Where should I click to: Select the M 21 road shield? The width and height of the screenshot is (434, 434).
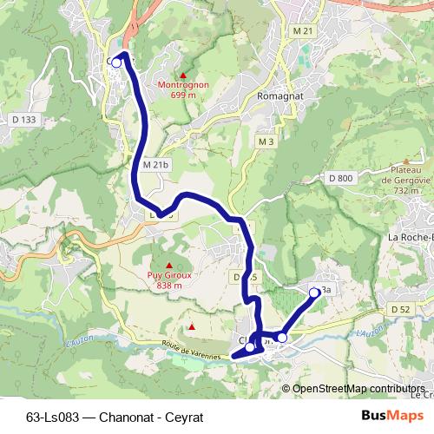[302, 30]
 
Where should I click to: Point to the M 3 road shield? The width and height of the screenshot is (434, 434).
[266, 141]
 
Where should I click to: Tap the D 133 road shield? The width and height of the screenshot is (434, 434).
[25, 119]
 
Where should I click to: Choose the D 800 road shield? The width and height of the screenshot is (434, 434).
[341, 178]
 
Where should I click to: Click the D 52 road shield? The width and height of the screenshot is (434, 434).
[400, 309]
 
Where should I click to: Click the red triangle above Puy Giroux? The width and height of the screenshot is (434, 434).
[168, 264]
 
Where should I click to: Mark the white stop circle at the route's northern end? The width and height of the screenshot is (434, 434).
[116, 62]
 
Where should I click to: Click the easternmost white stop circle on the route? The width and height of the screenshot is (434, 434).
[314, 293]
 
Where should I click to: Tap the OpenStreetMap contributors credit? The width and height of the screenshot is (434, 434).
[358, 388]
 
